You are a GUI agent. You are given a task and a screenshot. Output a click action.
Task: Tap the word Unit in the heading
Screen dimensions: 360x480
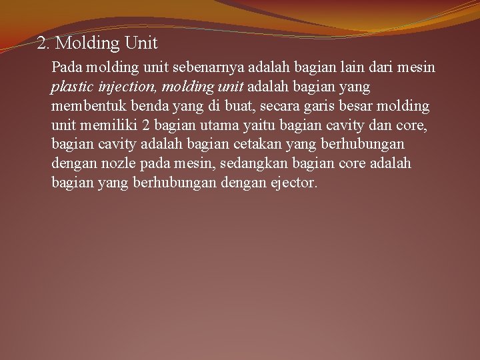point(141,43)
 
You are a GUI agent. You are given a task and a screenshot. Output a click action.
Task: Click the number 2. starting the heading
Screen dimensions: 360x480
point(44,44)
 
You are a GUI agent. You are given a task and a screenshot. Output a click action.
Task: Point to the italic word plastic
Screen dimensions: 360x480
point(71,87)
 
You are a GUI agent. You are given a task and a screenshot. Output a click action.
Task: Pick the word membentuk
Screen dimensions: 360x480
point(83,106)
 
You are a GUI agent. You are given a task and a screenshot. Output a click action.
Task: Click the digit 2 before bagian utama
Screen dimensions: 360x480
point(146,125)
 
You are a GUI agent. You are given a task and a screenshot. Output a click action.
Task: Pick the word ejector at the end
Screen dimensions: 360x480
point(292,183)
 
